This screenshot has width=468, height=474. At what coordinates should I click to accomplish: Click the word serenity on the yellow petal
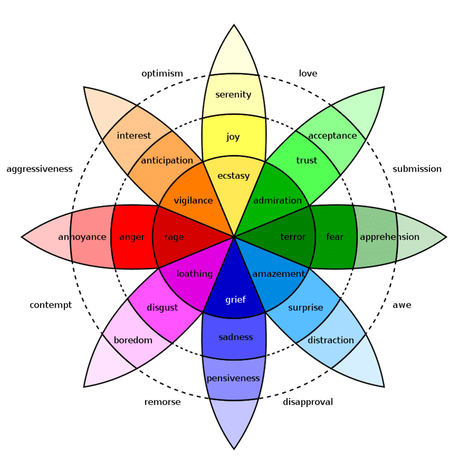[x=233, y=95]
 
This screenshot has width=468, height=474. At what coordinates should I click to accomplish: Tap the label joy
[x=233, y=137]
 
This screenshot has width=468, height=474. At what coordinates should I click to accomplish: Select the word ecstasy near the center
[x=233, y=176]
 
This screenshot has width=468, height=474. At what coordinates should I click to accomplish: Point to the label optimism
[x=162, y=73]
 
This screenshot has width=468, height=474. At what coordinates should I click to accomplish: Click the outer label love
[x=308, y=73]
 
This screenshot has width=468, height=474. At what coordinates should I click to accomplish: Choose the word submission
[x=417, y=168]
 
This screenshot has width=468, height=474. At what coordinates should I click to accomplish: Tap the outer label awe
[x=402, y=305]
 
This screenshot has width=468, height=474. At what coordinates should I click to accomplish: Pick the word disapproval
[x=308, y=402]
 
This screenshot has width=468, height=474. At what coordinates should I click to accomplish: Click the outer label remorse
[x=162, y=402]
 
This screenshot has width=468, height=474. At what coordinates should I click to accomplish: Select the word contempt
[x=50, y=305]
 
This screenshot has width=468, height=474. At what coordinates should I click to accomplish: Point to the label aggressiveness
[x=40, y=168]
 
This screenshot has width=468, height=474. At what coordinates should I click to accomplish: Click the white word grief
[x=235, y=299]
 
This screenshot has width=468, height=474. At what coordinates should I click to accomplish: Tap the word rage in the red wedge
[x=174, y=237]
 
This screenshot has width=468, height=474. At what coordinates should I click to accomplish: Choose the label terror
[x=293, y=237]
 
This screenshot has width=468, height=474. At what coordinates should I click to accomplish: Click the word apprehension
[x=389, y=237]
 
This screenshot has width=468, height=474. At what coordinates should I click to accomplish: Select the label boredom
[x=133, y=340]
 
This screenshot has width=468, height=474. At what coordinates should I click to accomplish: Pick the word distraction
[x=331, y=340]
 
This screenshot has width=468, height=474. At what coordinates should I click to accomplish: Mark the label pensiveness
[x=233, y=378]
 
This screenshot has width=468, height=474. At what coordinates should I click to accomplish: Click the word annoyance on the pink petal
[x=82, y=237]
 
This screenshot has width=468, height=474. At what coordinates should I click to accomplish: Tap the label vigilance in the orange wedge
[x=193, y=200]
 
